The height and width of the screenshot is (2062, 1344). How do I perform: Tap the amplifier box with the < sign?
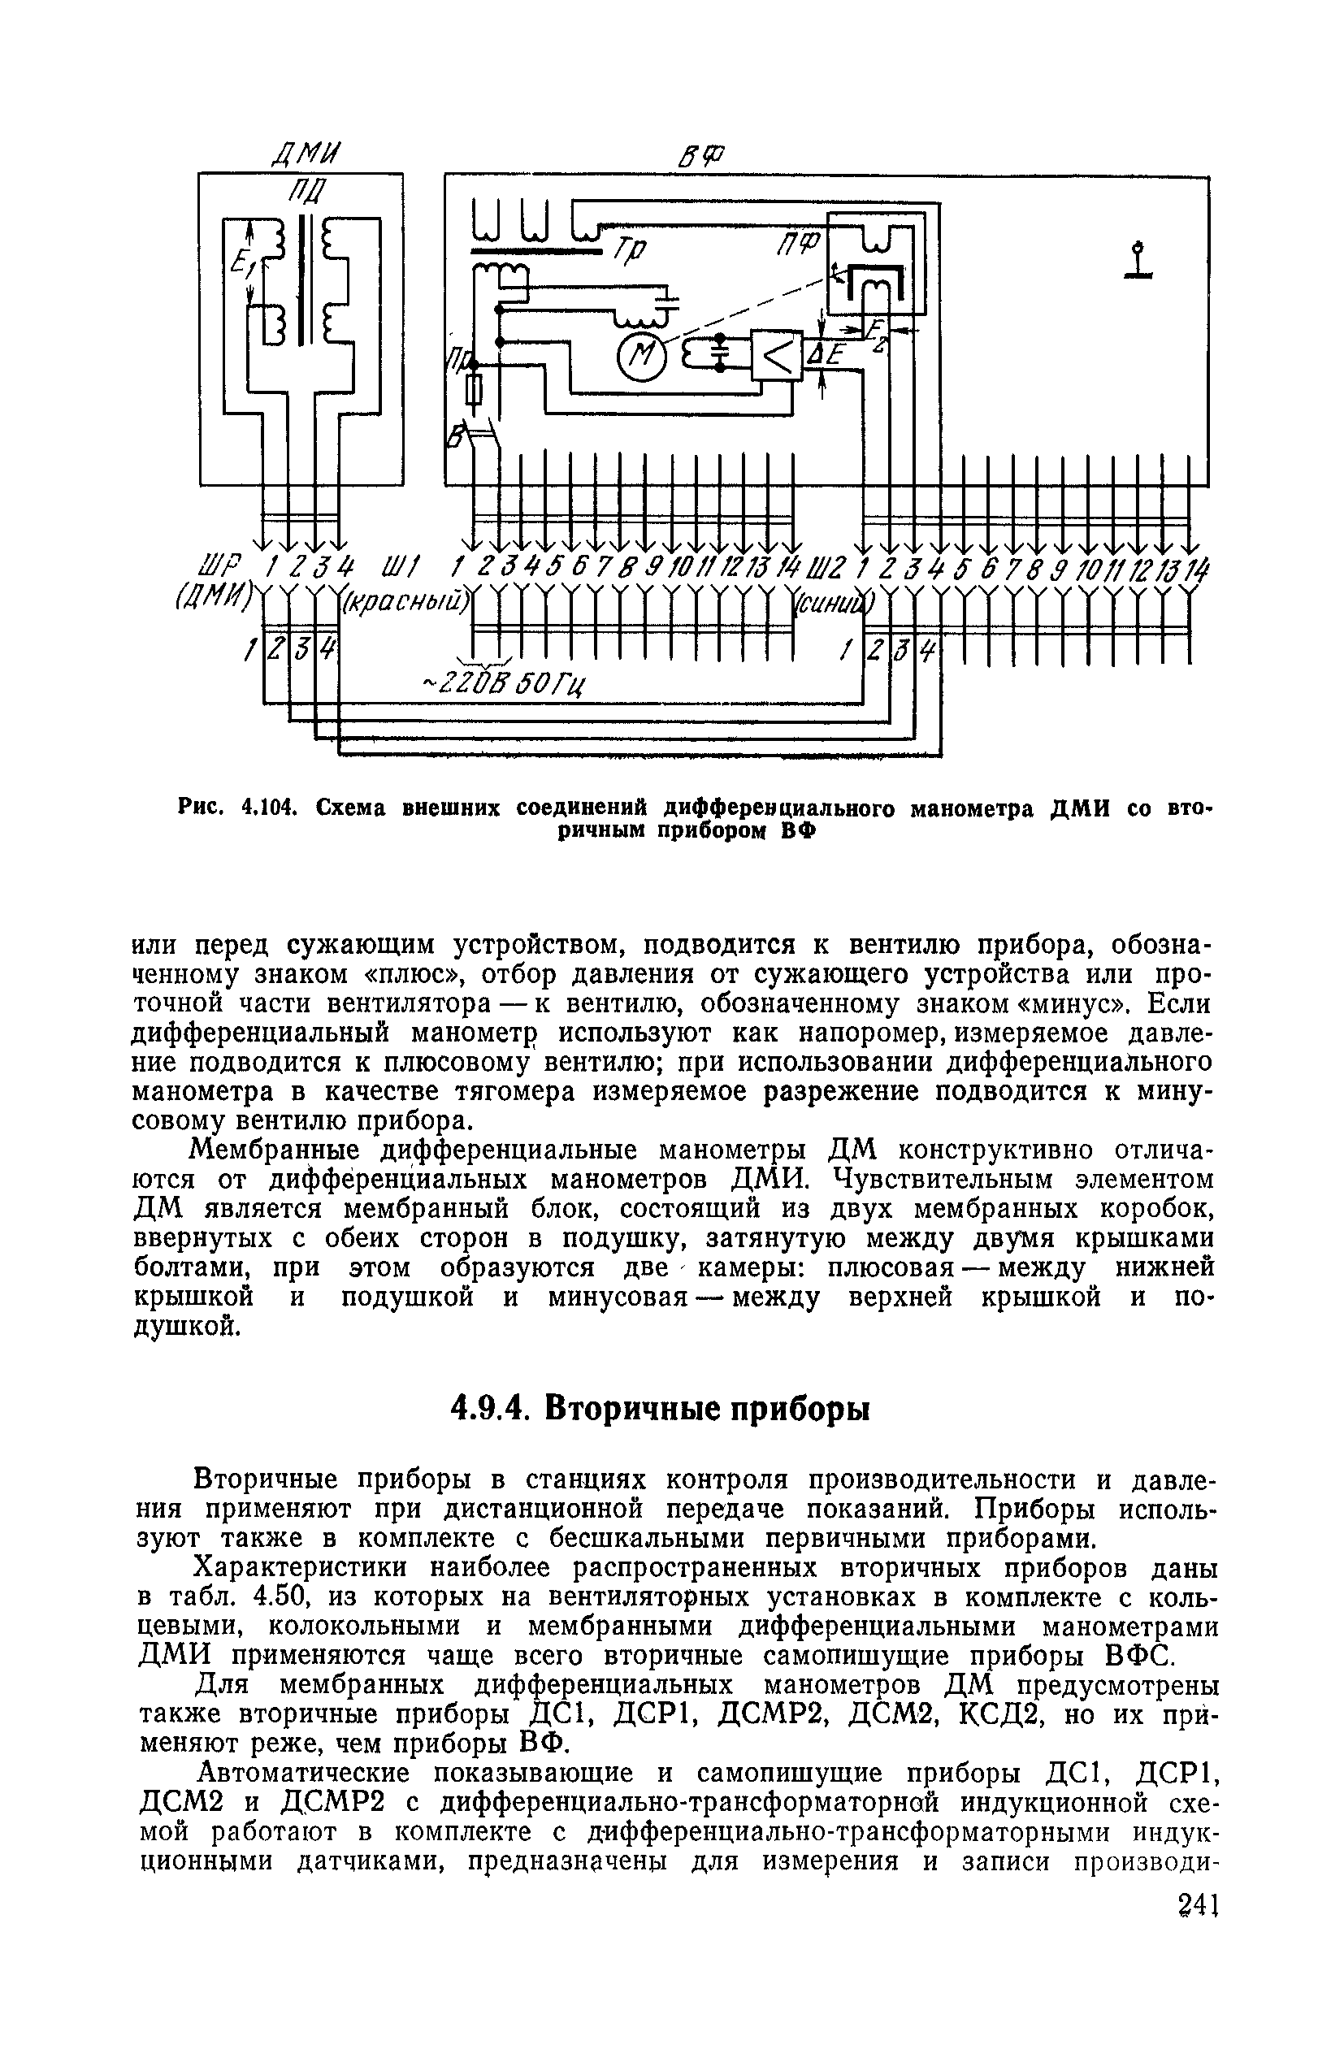coord(777,354)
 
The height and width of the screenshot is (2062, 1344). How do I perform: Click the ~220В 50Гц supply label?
coord(503,683)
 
